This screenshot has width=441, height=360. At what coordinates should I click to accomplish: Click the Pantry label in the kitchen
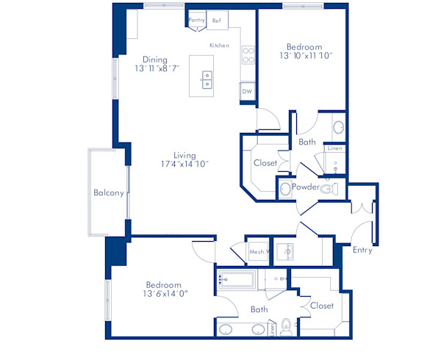196,21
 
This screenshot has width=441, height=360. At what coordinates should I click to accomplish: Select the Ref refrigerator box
217,21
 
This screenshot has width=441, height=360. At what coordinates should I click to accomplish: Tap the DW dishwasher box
247,92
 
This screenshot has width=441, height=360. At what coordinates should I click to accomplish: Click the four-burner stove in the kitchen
248,55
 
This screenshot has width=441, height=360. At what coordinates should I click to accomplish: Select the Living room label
184,155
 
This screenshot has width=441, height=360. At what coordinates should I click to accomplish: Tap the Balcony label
108,193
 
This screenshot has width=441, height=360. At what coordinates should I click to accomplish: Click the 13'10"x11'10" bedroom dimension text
304,55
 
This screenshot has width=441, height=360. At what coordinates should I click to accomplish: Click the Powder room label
305,187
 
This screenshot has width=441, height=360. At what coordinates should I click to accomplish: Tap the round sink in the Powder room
284,189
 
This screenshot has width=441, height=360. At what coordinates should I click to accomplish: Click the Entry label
362,250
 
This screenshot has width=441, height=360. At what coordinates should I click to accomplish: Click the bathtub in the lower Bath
236,279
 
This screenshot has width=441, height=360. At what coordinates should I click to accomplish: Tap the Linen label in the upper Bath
335,149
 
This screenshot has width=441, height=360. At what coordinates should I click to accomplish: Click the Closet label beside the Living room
265,163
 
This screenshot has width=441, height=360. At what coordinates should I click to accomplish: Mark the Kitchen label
219,46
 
